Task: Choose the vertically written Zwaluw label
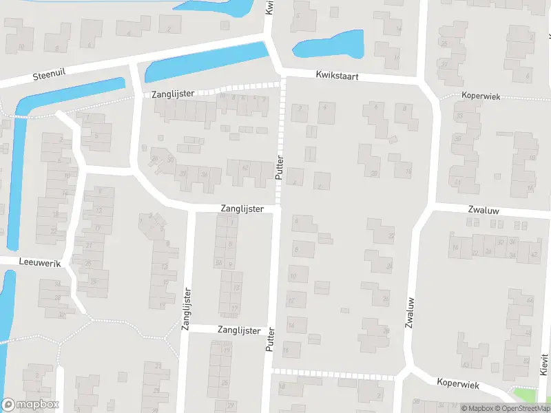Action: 410,312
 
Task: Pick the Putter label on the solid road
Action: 269,340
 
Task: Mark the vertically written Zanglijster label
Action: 186,310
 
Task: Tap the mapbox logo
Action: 30,405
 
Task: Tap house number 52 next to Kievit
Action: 526,361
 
